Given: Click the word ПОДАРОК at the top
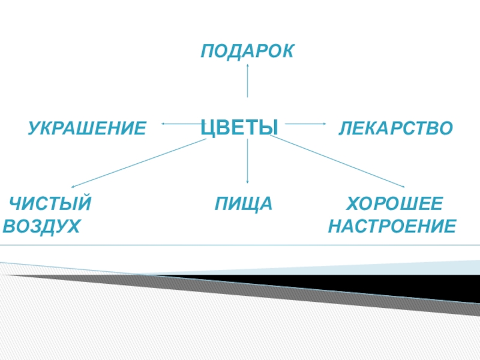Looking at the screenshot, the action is tap(247, 51).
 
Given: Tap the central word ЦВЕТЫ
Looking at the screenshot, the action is tap(239, 127).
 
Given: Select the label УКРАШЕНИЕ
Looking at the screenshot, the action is tap(87, 128).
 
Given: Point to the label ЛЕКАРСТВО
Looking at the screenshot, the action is tap(395, 128).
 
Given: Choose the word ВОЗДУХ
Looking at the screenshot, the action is tap(42, 227).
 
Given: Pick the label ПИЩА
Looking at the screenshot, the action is tap(244, 204).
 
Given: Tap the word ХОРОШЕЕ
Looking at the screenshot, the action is tap(395, 204).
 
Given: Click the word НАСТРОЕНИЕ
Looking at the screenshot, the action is tap(392, 227).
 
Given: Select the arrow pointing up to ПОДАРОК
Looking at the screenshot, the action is tap(247, 81).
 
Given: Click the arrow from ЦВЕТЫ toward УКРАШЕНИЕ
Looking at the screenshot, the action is tap(180, 124).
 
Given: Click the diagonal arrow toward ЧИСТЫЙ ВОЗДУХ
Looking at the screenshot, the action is tap(138, 163).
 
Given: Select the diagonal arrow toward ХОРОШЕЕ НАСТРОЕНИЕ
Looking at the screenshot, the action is tap(339, 161).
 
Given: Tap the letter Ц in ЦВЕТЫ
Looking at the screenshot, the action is tap(207, 127).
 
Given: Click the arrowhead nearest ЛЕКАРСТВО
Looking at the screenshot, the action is tap(323, 124).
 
